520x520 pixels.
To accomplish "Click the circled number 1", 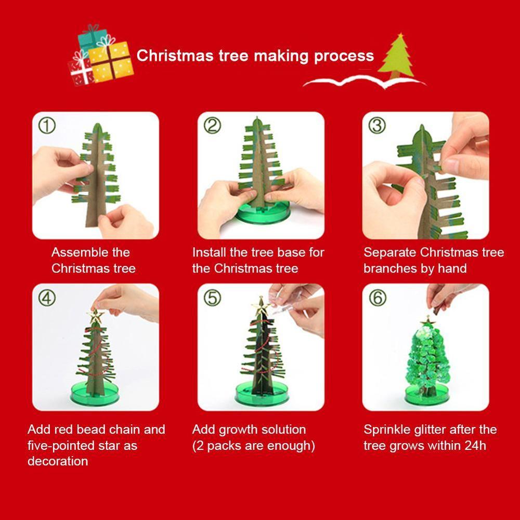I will tap(47, 125).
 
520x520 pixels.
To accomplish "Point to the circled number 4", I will tap(47, 297).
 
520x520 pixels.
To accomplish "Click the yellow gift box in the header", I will tap(111, 61).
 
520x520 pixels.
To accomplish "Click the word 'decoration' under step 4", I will tap(58, 461).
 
